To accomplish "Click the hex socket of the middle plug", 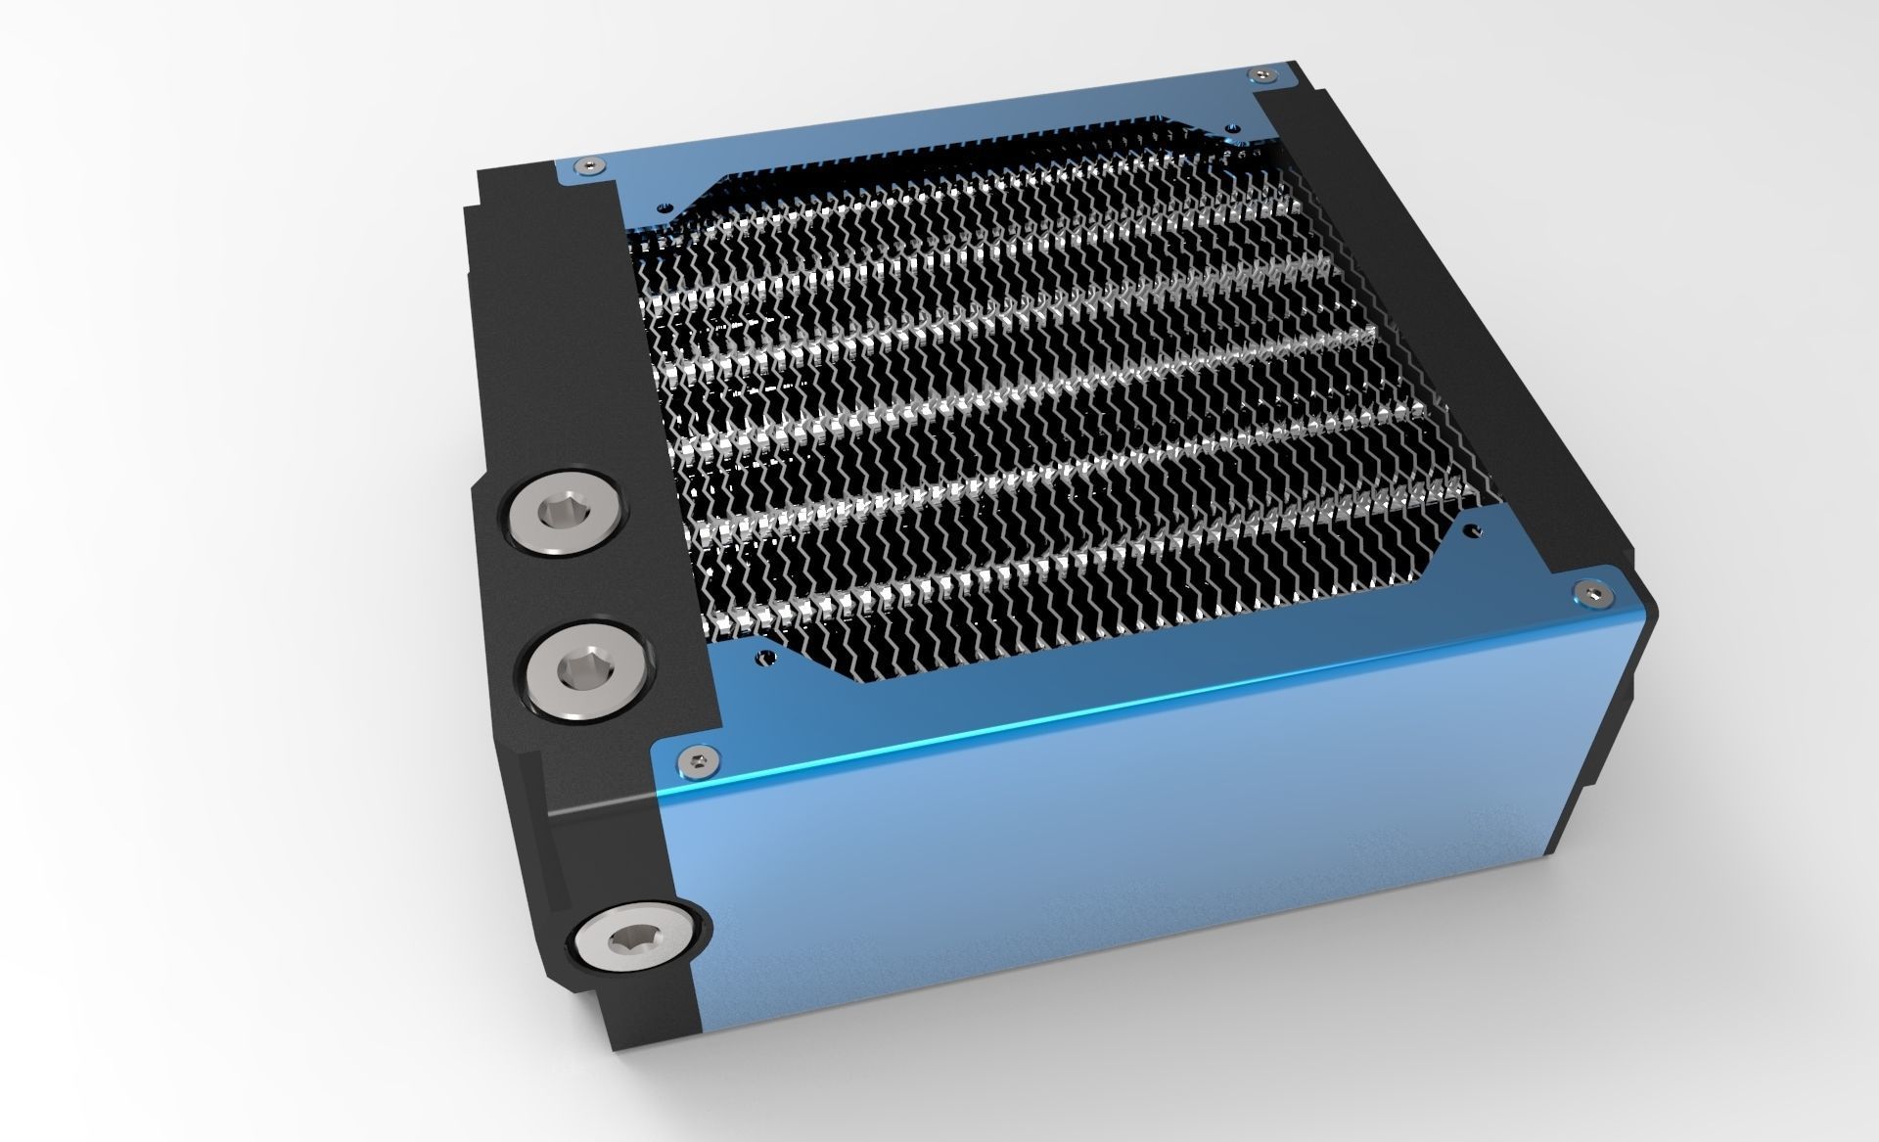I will (x=575, y=669).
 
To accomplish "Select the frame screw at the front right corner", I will (x=1587, y=592).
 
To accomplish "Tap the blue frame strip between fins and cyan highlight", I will (x=1125, y=646).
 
